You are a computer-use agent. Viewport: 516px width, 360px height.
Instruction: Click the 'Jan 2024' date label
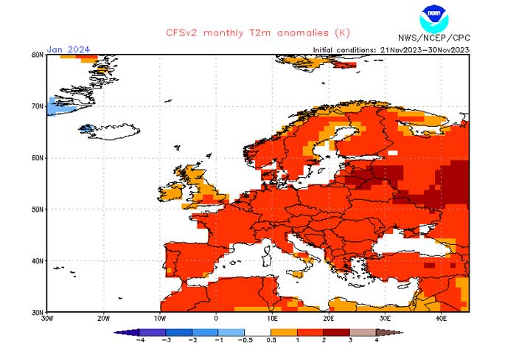69,49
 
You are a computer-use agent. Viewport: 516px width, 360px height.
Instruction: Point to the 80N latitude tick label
38,55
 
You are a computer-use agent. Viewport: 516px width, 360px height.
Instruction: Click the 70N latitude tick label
38,106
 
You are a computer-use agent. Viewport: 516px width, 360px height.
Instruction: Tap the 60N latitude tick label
38,158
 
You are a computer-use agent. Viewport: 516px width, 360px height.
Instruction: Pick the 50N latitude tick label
38,210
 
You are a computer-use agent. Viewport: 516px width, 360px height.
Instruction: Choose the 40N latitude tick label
38,261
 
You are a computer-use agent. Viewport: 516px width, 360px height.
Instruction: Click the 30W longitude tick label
48,319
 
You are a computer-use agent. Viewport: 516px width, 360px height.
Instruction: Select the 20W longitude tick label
104,319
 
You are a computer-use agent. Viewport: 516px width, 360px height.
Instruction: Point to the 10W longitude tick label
160,319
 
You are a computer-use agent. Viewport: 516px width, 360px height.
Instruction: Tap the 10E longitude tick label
272,319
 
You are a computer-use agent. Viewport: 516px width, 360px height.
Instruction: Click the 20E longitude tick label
328,319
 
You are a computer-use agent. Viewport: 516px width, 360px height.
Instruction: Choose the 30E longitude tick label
385,319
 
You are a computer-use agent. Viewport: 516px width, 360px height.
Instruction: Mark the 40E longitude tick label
441,319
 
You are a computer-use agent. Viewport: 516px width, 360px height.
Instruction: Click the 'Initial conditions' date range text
391,49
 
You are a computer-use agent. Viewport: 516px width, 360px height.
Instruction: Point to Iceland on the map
111,134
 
